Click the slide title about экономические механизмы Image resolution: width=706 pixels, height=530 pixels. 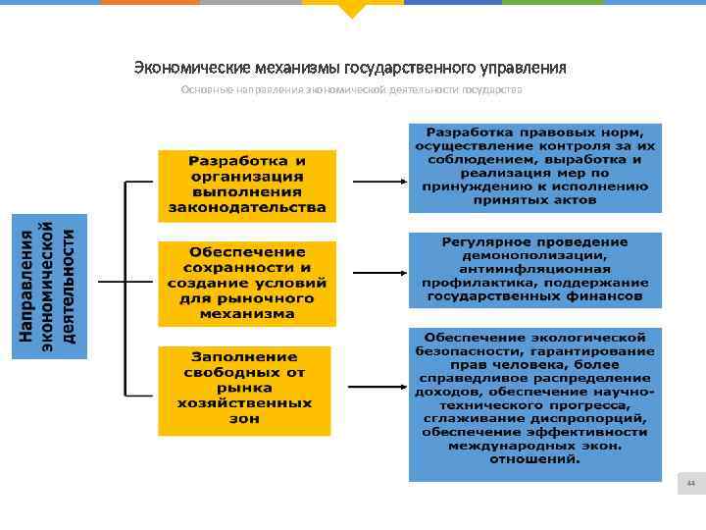[350, 68]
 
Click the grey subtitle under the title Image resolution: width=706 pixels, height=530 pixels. [351, 89]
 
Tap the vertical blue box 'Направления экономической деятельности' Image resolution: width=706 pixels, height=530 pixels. [48, 286]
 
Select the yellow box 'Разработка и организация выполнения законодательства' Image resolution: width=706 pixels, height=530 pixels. [247, 185]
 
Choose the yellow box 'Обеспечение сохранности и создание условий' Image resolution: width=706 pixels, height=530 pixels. [247, 283]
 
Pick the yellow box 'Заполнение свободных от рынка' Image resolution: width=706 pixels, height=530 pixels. [247, 390]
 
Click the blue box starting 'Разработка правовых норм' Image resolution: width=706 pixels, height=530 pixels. [534, 167]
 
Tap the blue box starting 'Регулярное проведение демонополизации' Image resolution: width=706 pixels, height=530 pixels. [534, 269]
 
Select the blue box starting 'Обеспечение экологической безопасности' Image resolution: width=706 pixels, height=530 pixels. [534, 403]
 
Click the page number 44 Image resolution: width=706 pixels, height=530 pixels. [690, 483]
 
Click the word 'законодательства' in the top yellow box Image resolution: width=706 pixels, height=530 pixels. [247, 208]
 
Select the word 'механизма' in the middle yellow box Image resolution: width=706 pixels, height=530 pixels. [247, 314]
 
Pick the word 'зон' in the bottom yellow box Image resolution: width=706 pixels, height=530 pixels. [247, 419]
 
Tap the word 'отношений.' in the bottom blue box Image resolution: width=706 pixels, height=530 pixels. [534, 458]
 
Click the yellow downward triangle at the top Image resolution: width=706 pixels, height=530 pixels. [352, 11]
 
